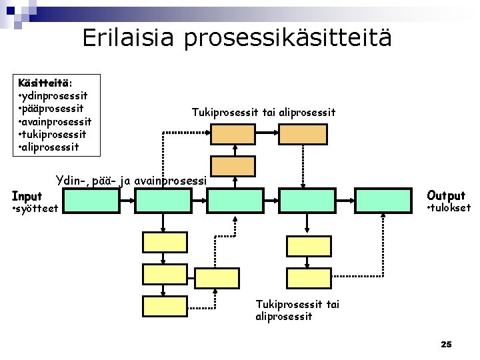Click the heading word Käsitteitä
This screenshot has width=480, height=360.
[44, 83]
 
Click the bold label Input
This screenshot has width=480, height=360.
[27, 196]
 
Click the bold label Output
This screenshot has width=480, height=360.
[446, 195]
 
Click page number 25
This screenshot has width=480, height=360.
[446, 344]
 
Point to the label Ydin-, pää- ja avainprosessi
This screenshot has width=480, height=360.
[132, 180]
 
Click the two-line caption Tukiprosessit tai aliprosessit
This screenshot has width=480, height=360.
[297, 309]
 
